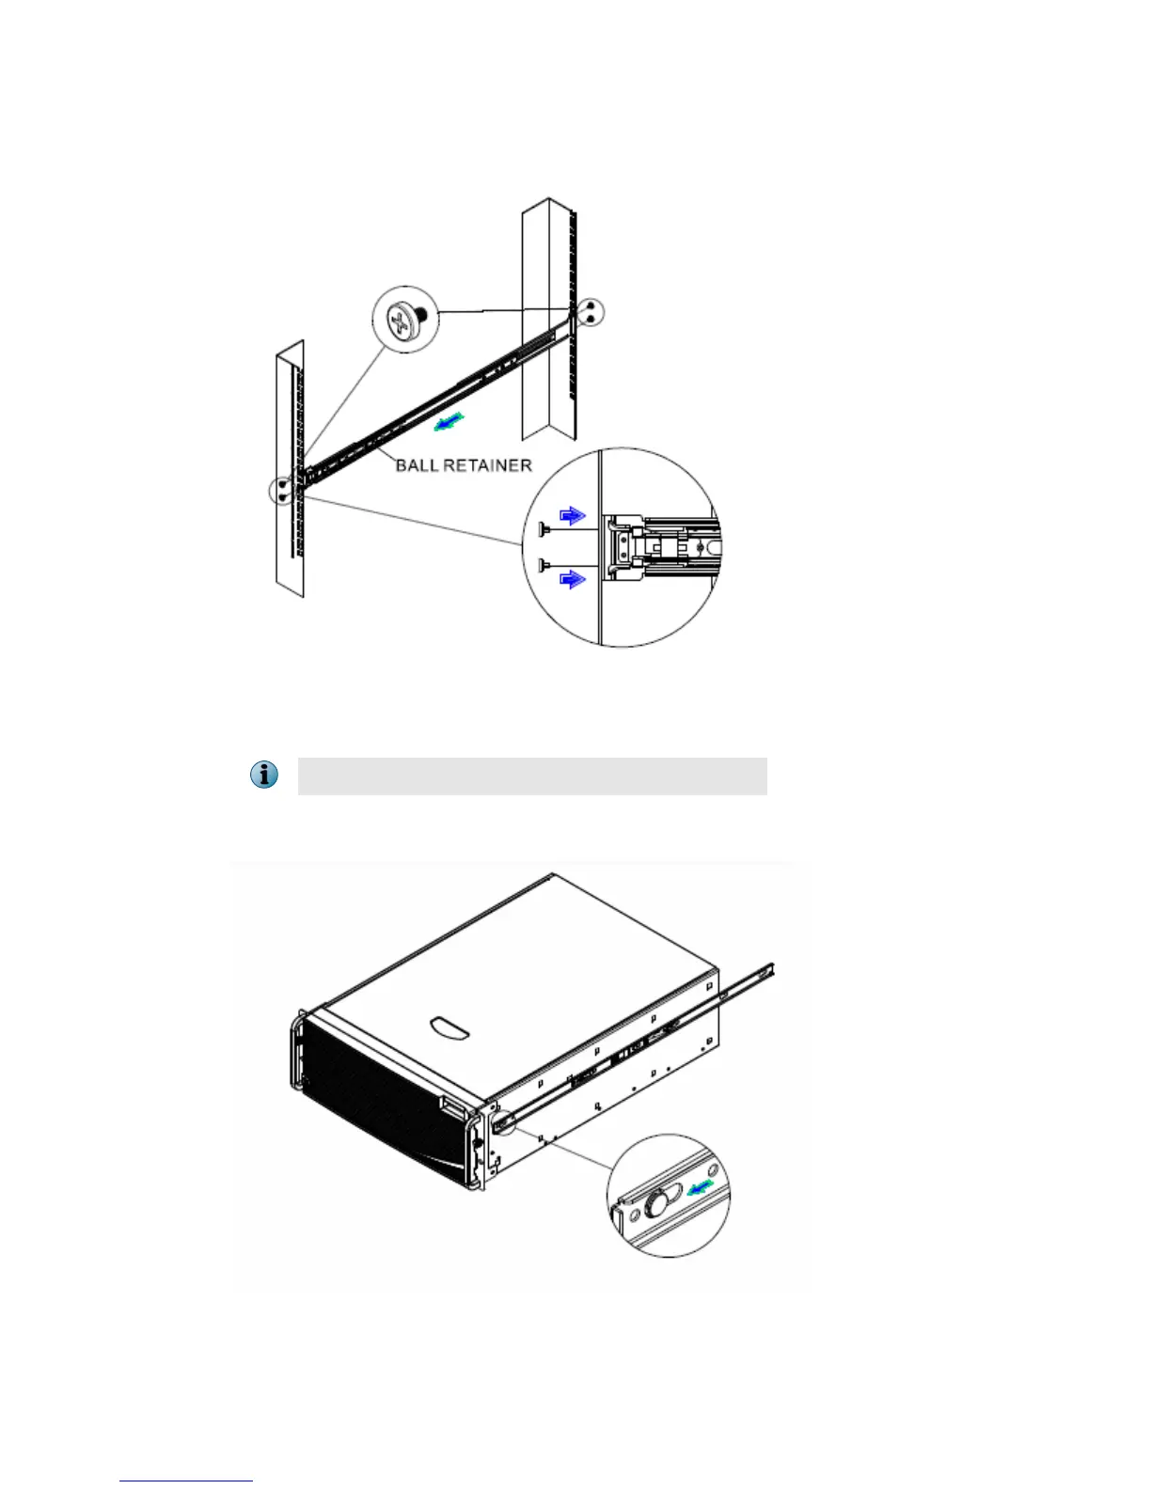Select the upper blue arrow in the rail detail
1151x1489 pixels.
pyautogui.click(x=572, y=515)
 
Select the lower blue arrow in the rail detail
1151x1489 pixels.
pyautogui.click(x=572, y=579)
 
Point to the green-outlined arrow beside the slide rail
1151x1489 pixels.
pyautogui.click(x=449, y=423)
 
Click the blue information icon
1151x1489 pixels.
pyautogui.click(x=265, y=776)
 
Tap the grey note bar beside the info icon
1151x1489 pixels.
pyautogui.click(x=532, y=776)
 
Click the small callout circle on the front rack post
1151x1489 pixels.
pyautogui.click(x=282, y=491)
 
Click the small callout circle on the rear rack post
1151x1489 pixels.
pyautogui.click(x=590, y=313)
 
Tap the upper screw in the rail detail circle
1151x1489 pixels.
pyautogui.click(x=544, y=531)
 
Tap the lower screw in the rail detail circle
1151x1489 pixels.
pyautogui.click(x=544, y=565)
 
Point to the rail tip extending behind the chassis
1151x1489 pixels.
pyautogui.click(x=767, y=970)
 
